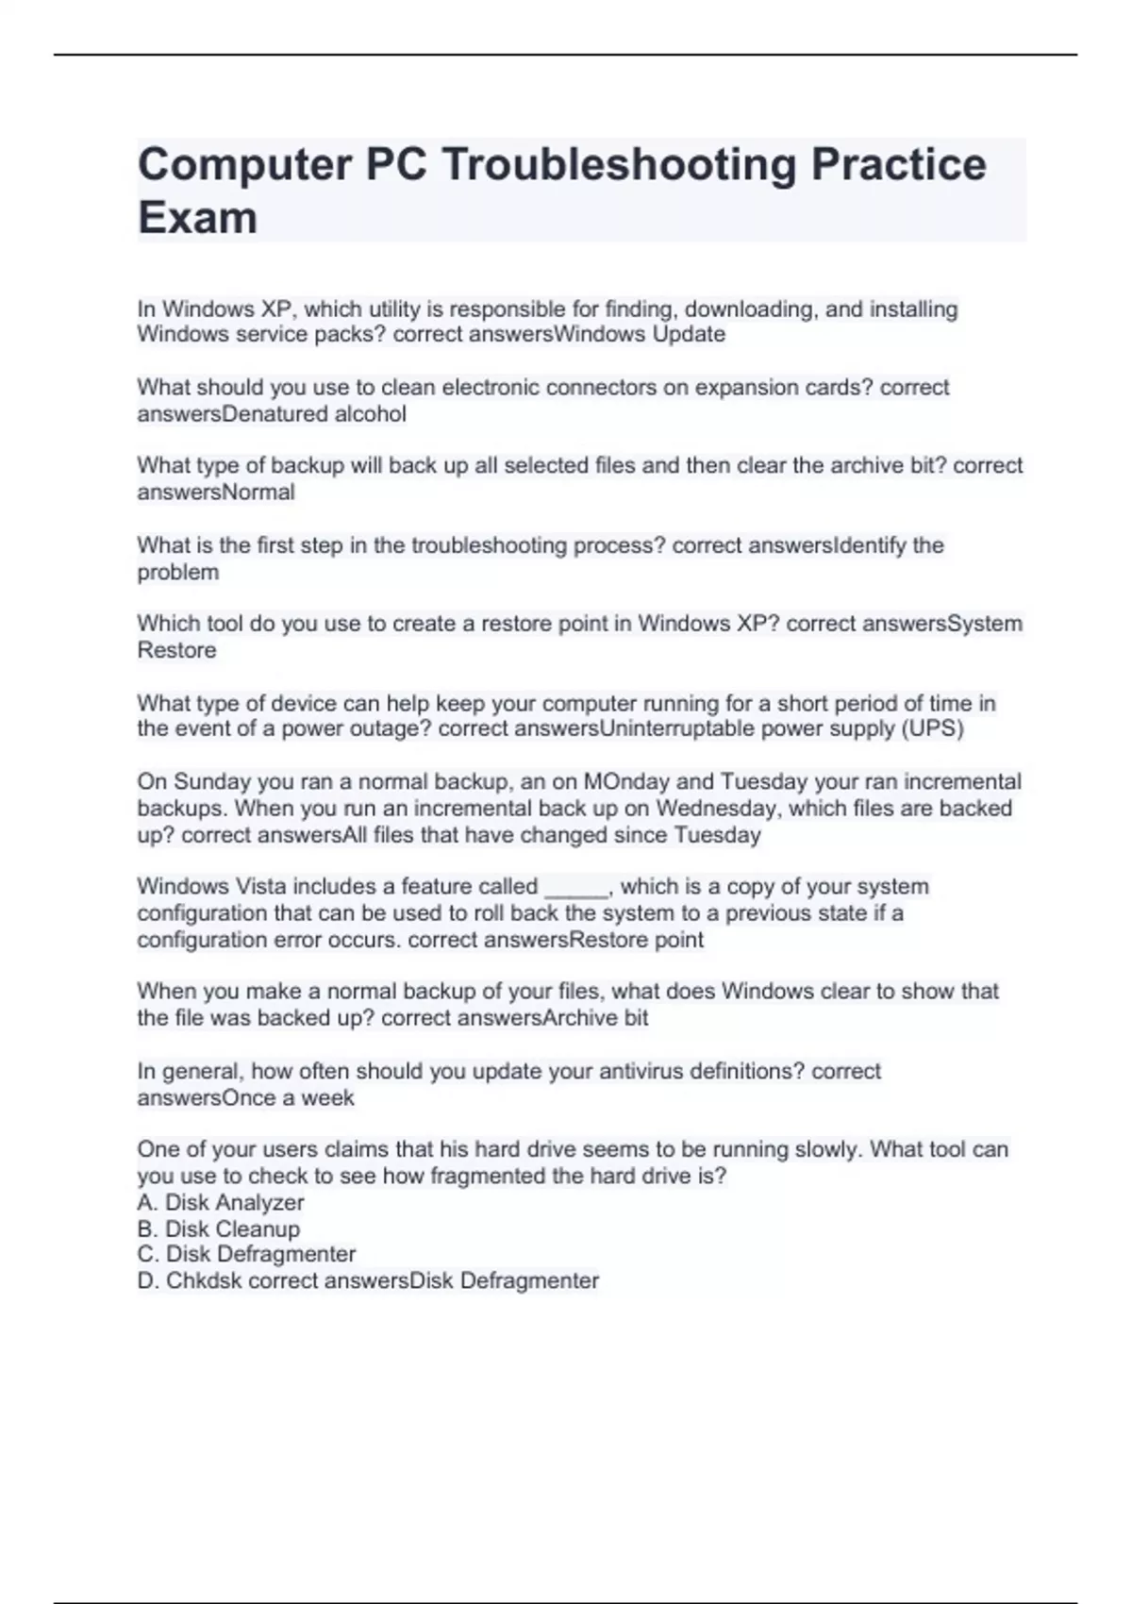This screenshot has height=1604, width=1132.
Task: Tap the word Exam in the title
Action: (197, 218)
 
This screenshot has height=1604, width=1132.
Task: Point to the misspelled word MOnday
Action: (627, 781)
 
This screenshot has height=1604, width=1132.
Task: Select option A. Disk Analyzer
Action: (221, 1202)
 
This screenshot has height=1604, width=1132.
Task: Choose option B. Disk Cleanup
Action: (219, 1228)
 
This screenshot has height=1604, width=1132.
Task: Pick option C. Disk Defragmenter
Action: (246, 1254)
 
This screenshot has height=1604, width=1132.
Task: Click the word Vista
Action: (266, 886)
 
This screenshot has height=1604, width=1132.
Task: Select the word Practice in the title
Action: (898, 164)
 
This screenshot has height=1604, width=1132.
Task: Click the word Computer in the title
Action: (244, 164)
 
